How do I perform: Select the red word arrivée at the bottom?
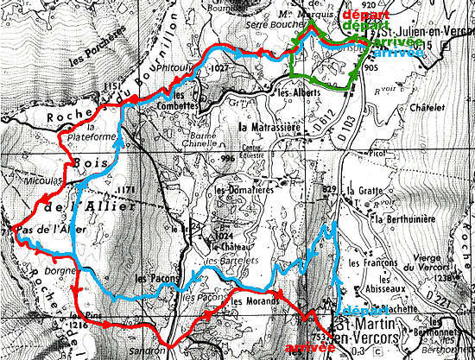(x=308, y=348)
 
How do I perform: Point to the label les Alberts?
(x=294, y=91)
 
